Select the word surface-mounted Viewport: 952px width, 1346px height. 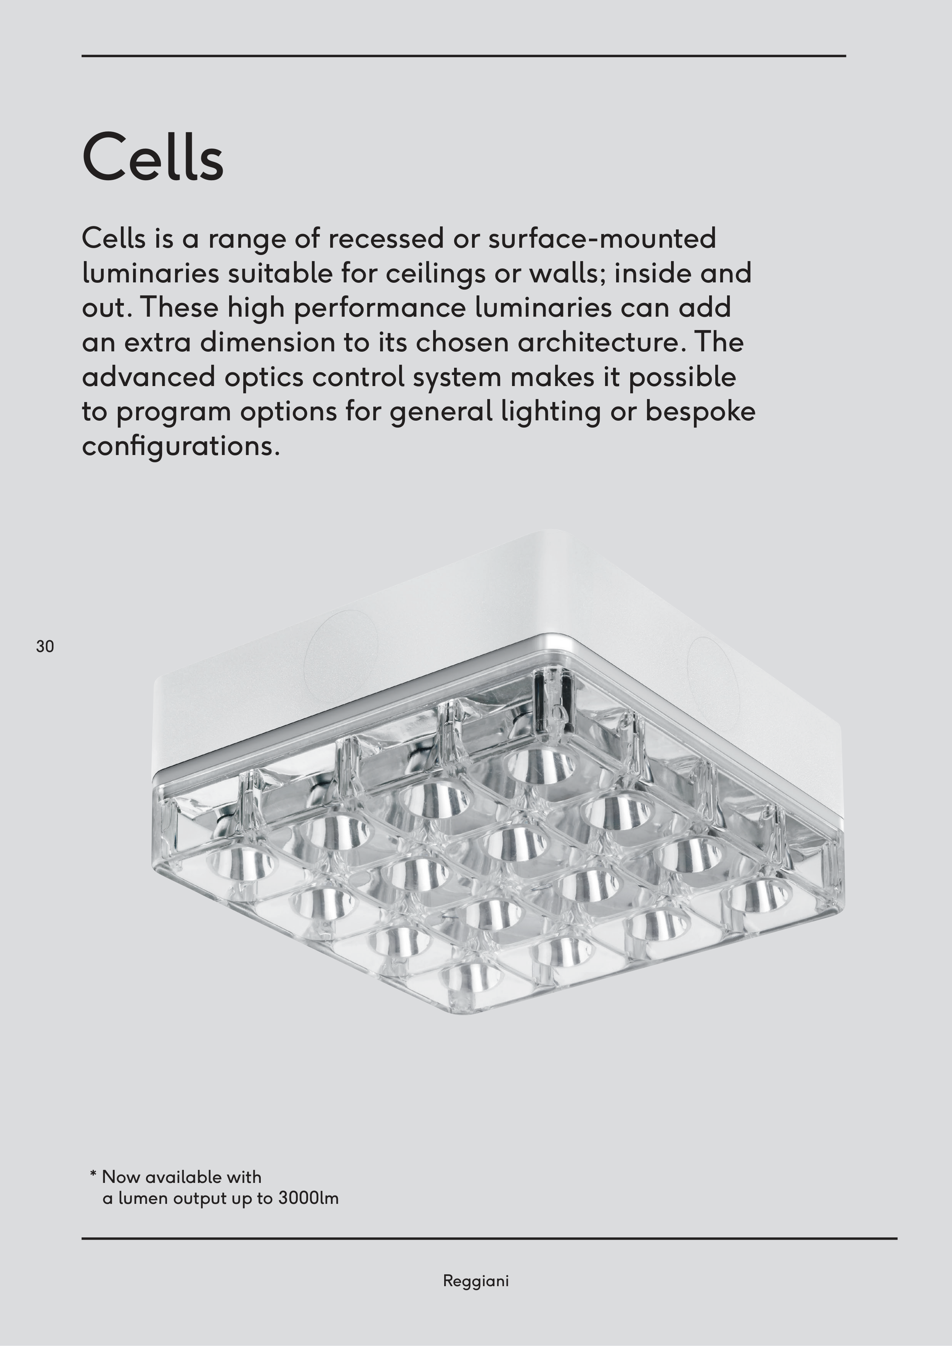pos(602,238)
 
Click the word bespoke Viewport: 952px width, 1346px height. pos(700,412)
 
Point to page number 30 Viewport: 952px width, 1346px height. pos(45,647)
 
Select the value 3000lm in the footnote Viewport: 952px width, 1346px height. pos(308,1198)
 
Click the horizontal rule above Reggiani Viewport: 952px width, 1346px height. pos(489,1239)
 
